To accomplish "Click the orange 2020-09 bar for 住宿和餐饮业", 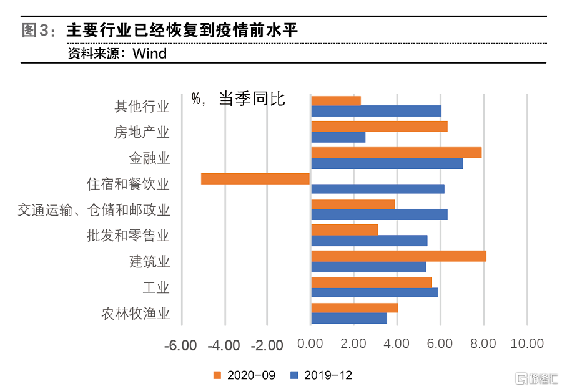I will click(x=255, y=179).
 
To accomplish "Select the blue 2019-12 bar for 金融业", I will click(x=387, y=163).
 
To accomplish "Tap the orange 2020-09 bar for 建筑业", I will click(x=398, y=256).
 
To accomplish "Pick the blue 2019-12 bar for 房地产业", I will click(x=338, y=137).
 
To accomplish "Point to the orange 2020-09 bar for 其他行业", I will click(x=335, y=101).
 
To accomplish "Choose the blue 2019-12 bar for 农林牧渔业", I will click(x=348, y=318).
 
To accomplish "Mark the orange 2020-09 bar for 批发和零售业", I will click(x=344, y=230).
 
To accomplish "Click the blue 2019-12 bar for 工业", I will click(x=374, y=292).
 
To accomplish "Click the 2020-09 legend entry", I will click(x=244, y=375).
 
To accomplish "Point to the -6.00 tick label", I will click(x=180, y=344).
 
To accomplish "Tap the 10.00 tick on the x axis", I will click(x=527, y=343).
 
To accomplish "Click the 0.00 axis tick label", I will click(x=310, y=343).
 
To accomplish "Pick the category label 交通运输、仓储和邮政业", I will click(x=94, y=210).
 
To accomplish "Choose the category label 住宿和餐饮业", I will click(x=128, y=185).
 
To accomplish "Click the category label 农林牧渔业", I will click(x=136, y=314).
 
